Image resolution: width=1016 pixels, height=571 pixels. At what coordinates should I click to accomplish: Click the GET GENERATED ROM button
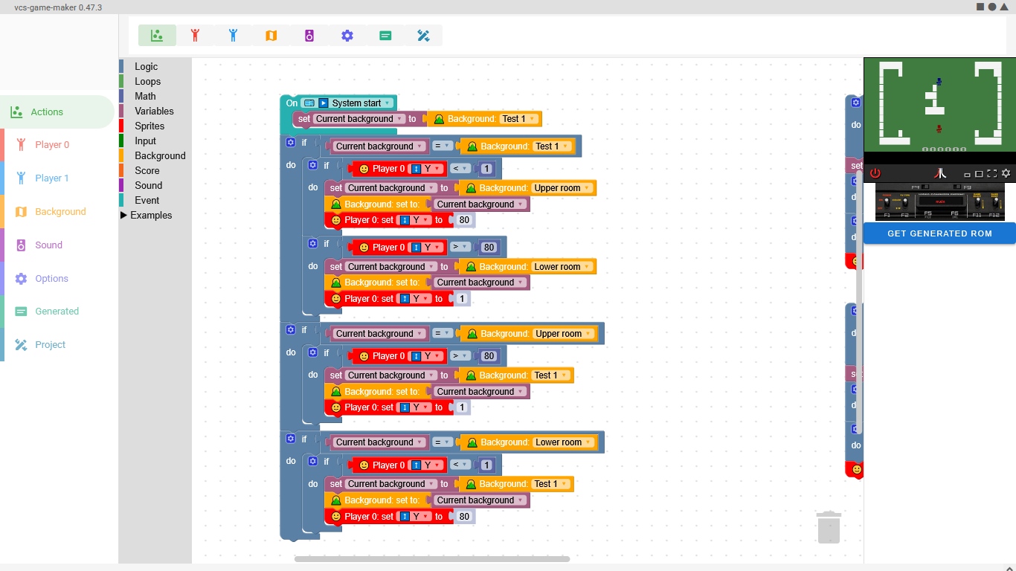939,233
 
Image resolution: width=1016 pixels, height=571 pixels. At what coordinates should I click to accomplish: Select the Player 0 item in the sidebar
52,145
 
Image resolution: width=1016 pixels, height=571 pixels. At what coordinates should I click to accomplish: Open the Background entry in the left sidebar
60,212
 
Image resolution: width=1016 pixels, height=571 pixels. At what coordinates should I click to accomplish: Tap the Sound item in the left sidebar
48,245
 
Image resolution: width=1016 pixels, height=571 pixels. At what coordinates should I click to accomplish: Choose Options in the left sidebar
51,279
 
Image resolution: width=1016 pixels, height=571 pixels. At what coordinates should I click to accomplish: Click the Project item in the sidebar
50,345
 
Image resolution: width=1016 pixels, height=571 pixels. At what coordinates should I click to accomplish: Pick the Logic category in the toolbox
146,67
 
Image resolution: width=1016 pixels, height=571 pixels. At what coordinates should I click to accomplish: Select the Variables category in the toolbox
154,112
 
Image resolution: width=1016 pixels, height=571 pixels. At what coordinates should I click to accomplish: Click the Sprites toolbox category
149,126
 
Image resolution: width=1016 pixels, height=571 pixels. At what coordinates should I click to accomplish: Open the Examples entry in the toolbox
151,216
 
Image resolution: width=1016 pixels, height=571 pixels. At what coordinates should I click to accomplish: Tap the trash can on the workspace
829,527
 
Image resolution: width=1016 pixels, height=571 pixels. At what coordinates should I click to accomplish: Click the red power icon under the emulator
875,173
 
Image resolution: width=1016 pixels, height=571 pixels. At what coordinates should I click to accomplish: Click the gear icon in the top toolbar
347,36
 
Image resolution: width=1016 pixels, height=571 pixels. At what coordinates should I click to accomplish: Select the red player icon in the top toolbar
196,36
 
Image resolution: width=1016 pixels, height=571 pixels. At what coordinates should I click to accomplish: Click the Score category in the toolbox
147,171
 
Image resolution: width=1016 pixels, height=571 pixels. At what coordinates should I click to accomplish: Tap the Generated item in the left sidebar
57,312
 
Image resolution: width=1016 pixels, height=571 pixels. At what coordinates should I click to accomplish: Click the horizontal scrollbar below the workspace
431,559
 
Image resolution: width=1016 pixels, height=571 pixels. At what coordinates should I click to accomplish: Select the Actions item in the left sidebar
47,112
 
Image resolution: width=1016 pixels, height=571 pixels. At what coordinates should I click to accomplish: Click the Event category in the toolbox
147,201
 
